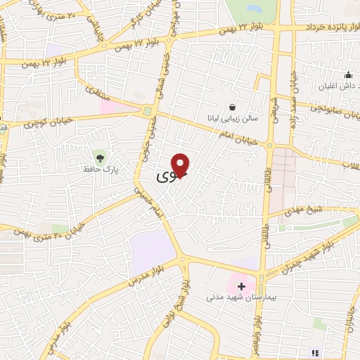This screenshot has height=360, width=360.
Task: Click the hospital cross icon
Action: click(x=242, y=287)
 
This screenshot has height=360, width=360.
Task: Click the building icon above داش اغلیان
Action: click(x=348, y=75)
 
